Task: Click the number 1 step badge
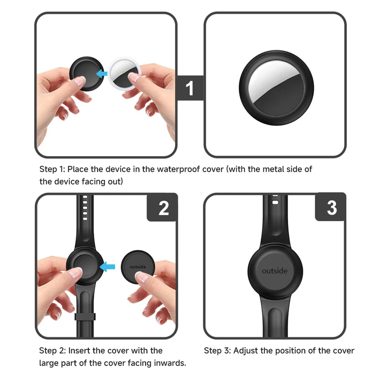pyautogui.click(x=190, y=88)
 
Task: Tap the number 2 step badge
pyautogui.click(x=162, y=208)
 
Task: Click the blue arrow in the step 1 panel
pyautogui.click(x=101, y=73)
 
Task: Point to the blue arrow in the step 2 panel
pyautogui.click(x=107, y=267)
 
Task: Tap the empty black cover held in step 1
pyautogui.click(x=86, y=74)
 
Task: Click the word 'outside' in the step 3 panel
pyautogui.click(x=275, y=271)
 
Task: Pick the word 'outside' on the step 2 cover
pyautogui.click(x=138, y=267)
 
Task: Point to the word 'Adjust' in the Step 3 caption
pyautogui.click(x=246, y=351)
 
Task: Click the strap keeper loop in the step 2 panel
pyautogui.click(x=85, y=316)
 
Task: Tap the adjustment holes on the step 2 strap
pyautogui.click(x=85, y=208)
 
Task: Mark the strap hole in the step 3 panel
pyautogui.click(x=275, y=203)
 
